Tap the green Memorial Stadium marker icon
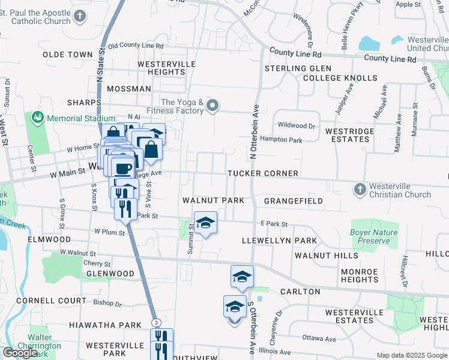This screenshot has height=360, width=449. [38, 118]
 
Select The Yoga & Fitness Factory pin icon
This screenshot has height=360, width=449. [211, 106]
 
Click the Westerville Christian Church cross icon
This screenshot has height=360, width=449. [360, 190]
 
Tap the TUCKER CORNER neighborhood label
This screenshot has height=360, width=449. [263, 173]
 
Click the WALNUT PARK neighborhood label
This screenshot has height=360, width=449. [209, 200]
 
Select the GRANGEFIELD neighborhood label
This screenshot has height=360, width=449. [294, 200]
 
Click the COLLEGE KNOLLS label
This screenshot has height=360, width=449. [340, 78]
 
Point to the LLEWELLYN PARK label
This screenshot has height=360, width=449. [279, 240]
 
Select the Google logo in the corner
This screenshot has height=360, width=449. [20, 353]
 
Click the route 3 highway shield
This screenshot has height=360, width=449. [156, 323]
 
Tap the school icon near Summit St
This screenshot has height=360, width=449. [205, 223]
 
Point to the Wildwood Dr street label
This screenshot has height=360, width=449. [296, 126]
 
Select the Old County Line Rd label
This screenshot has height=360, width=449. [136, 46]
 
